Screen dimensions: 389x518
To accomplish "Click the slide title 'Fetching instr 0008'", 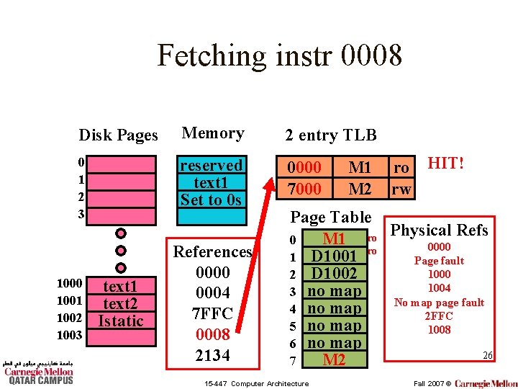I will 279,55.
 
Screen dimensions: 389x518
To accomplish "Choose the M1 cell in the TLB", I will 359,168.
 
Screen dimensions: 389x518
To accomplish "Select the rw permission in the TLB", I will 401,189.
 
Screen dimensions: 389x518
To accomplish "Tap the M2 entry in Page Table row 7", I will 333,359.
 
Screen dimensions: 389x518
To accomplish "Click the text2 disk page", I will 120,303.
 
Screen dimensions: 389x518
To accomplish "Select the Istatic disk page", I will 120,321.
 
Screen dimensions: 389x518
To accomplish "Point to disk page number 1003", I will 70,336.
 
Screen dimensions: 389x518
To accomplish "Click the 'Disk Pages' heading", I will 118,135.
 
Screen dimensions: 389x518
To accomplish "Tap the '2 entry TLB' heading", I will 330,135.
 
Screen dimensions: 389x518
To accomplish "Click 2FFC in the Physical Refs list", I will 439,316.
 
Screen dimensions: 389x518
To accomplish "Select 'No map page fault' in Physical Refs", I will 439,302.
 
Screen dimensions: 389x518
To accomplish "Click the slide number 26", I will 487,356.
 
